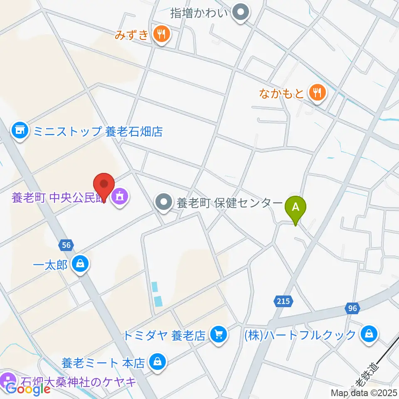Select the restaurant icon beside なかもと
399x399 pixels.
pyautogui.click(x=318, y=92)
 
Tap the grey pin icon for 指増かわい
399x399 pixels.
pyautogui.click(x=240, y=13)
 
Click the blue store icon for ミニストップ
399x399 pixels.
pyautogui.click(x=20, y=131)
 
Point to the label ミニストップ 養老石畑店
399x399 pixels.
pyautogui.click(x=98, y=132)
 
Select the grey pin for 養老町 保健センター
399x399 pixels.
pyautogui.click(x=163, y=203)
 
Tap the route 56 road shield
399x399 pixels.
pyautogui.click(x=66, y=245)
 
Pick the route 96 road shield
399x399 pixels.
pyautogui.click(x=352, y=308)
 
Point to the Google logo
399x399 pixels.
pyautogui.click(x=28, y=389)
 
